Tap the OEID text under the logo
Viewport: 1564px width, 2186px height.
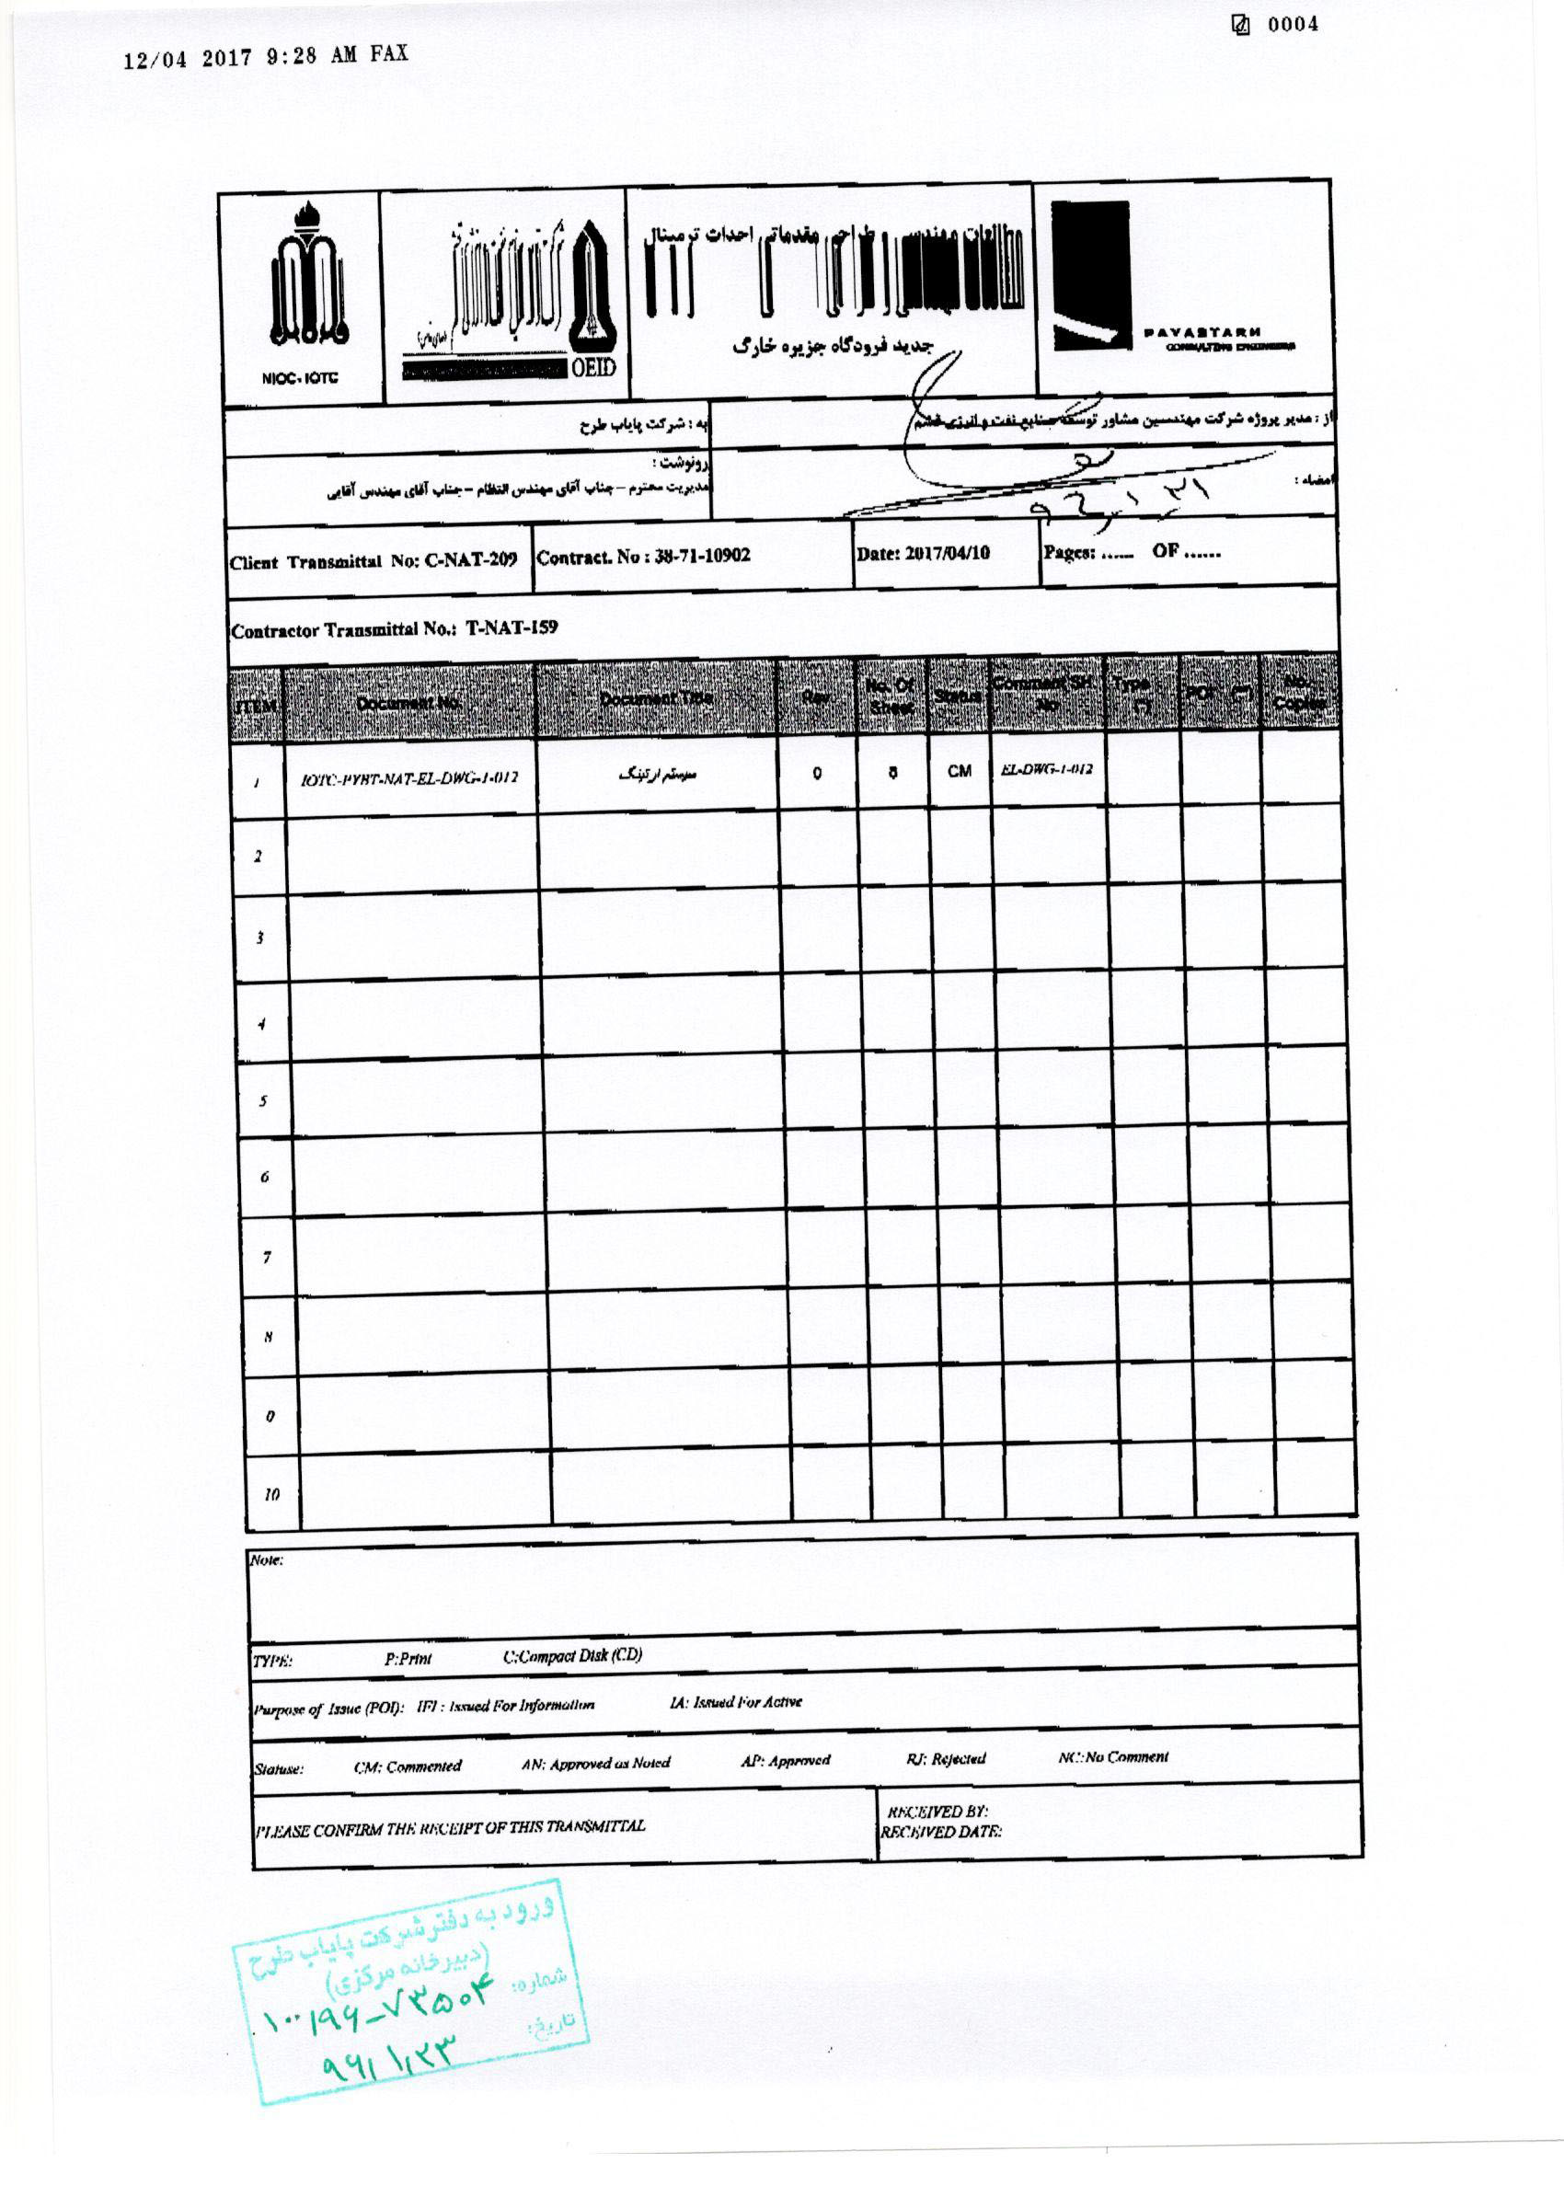tap(593, 368)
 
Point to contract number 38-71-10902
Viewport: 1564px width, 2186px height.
tap(690, 556)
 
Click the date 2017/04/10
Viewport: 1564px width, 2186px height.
tap(948, 553)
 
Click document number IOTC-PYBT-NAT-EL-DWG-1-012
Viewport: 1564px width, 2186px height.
tap(409, 778)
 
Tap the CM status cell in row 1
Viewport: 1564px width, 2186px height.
tap(960, 771)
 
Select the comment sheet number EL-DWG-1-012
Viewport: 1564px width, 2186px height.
tap(1047, 769)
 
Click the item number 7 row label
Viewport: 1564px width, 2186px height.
tap(267, 1257)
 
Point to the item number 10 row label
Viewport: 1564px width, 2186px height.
tap(271, 1494)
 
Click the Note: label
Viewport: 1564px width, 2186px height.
tap(267, 1560)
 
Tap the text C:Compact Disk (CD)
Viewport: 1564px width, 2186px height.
tap(572, 1655)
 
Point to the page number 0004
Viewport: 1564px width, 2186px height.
tap(1293, 25)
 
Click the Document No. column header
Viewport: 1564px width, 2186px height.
tap(408, 703)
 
